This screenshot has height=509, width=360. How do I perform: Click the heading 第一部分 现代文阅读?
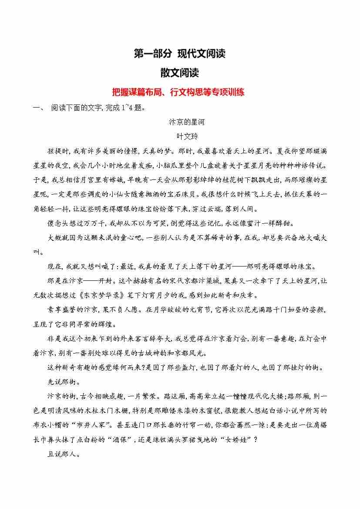point(179,54)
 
